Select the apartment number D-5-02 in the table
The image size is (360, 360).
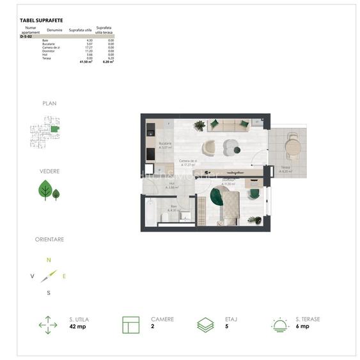pos(26,38)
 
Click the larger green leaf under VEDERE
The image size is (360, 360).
pos(45,189)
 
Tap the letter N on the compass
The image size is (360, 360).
pos(49,260)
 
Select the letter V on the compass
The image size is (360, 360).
pos(32,276)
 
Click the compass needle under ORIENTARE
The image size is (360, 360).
pos(49,276)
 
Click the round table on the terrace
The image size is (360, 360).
pos(292,147)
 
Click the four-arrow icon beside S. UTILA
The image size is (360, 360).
pos(48,325)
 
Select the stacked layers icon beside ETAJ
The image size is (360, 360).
pos(205,325)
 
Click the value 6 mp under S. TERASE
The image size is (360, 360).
pos(302,326)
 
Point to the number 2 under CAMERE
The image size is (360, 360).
pos(153,326)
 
